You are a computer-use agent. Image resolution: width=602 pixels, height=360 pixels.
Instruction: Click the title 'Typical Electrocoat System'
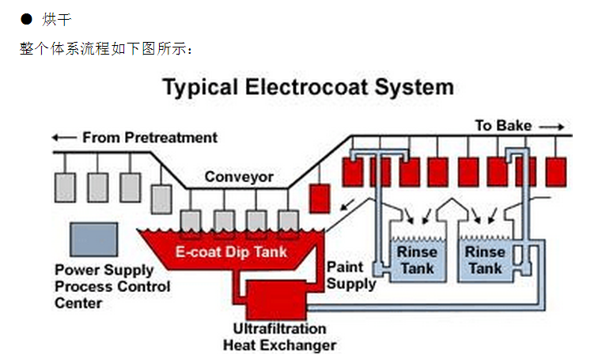pos(308,87)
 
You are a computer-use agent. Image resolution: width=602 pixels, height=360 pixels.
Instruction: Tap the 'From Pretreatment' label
pos(150,137)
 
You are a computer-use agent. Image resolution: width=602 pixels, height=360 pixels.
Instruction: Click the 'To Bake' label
pos(503,125)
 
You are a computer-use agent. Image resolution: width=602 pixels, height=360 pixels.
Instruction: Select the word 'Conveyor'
pos(239,176)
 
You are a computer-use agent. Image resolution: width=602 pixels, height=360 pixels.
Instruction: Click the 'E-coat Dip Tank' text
pos(231,253)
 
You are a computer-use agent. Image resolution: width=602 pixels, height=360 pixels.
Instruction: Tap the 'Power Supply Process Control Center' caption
pos(112,286)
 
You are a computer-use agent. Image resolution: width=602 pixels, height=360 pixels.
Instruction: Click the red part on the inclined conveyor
pos(320,199)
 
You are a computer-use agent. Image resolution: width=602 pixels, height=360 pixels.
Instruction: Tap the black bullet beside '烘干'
pos(25,18)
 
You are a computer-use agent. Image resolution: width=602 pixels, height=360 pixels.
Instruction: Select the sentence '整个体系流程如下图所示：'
pos(106,48)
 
